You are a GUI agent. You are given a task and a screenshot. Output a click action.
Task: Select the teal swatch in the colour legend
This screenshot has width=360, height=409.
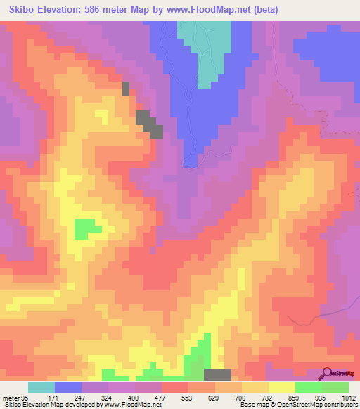[41, 387]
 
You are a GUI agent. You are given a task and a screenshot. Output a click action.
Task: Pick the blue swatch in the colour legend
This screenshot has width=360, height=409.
[68, 387]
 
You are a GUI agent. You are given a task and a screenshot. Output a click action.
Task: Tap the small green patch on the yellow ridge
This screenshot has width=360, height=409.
[86, 228]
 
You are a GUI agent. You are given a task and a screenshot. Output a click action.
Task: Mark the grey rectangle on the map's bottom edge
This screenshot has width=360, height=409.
[217, 375]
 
